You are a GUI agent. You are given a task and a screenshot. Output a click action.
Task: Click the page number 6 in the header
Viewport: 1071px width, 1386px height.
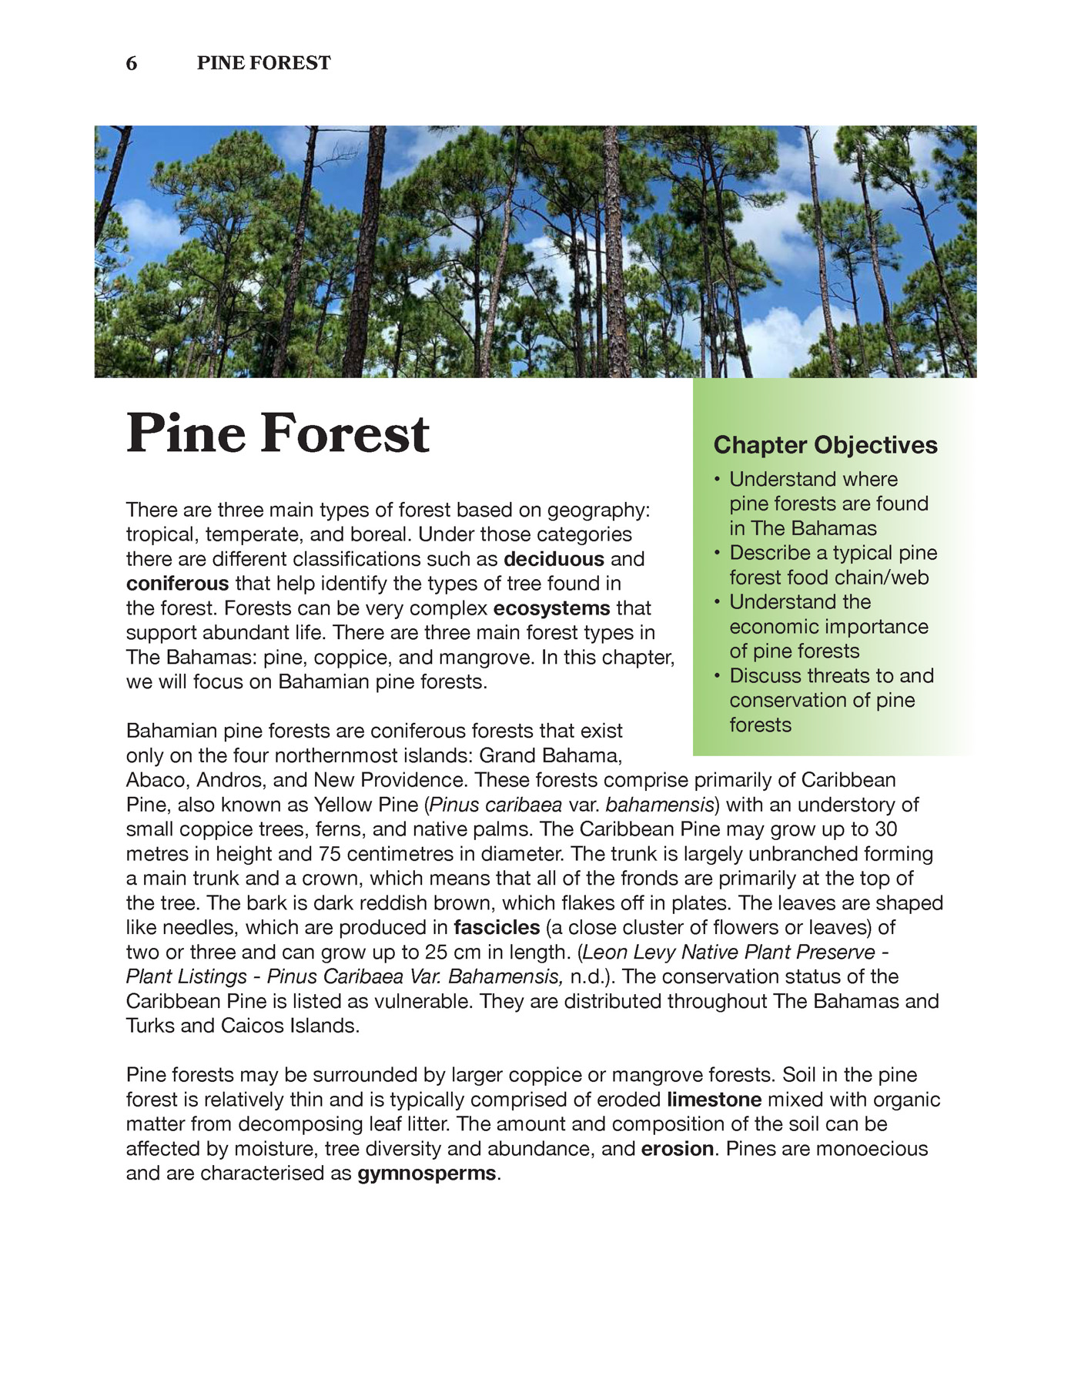tap(132, 64)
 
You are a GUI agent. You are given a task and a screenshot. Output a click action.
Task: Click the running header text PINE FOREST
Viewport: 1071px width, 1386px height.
tap(263, 63)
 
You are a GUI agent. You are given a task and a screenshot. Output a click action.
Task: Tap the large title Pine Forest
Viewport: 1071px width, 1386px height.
tap(277, 434)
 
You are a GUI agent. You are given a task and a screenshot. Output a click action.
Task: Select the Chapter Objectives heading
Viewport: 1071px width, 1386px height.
tap(825, 445)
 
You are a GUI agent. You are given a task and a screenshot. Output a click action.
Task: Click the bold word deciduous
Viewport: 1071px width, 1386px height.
tap(554, 559)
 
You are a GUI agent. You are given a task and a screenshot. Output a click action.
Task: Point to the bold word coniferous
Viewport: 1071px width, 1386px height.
tap(177, 584)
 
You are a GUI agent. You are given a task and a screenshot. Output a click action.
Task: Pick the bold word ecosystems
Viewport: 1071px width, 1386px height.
tap(551, 608)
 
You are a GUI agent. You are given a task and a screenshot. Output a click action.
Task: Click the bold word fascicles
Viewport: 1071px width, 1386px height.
tap(497, 928)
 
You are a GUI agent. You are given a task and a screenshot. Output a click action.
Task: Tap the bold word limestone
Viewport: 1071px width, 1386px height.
tap(714, 1100)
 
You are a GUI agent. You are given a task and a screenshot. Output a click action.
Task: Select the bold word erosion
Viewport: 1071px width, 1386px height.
tap(678, 1149)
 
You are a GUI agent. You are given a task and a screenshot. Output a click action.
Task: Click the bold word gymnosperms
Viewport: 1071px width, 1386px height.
tap(427, 1173)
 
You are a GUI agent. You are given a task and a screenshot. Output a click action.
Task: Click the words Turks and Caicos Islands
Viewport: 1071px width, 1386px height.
tap(243, 1026)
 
